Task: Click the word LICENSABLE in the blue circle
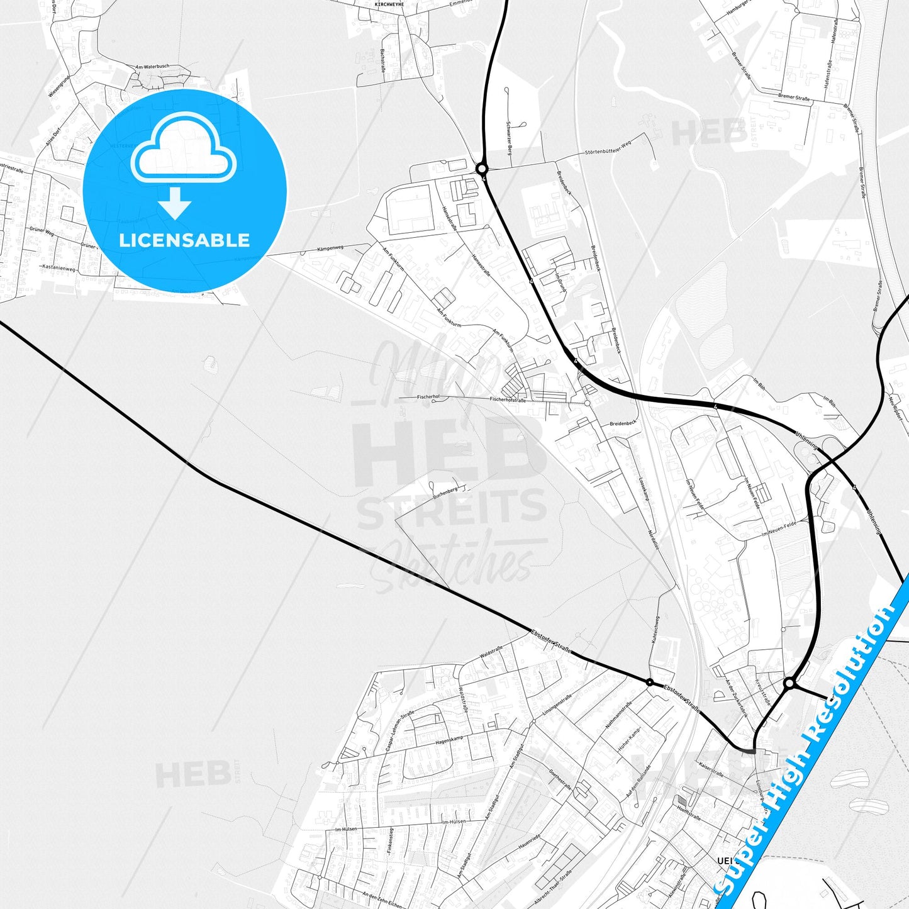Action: pyautogui.click(x=184, y=240)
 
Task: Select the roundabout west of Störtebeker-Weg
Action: pyautogui.click(x=482, y=169)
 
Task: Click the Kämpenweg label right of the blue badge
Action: pyautogui.click(x=330, y=248)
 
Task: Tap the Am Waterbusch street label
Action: pyautogui.click(x=152, y=67)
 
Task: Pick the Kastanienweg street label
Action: pyautogui.click(x=59, y=269)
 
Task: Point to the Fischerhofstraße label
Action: pyautogui.click(x=508, y=399)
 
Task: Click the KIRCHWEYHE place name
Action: pyautogui.click(x=389, y=4)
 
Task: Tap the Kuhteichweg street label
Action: pyautogui.click(x=655, y=630)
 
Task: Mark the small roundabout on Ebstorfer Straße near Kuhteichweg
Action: pyautogui.click(x=649, y=682)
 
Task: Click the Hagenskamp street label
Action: pyautogui.click(x=449, y=740)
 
